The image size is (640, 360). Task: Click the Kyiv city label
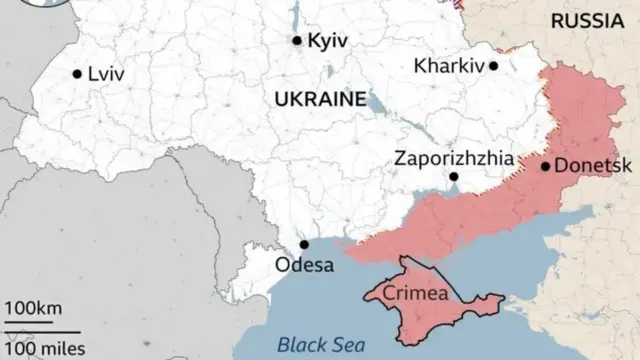coord(327,41)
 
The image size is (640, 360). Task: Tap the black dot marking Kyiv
coord(297,41)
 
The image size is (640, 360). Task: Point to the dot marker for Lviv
coord(77,73)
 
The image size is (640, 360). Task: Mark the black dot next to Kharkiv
coord(493,66)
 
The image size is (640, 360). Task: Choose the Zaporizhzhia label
coord(454,158)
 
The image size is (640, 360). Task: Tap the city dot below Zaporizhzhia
coord(453,177)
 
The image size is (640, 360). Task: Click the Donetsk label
coord(586,166)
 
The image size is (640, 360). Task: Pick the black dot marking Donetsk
coord(545,166)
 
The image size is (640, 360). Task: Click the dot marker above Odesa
coord(304,244)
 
